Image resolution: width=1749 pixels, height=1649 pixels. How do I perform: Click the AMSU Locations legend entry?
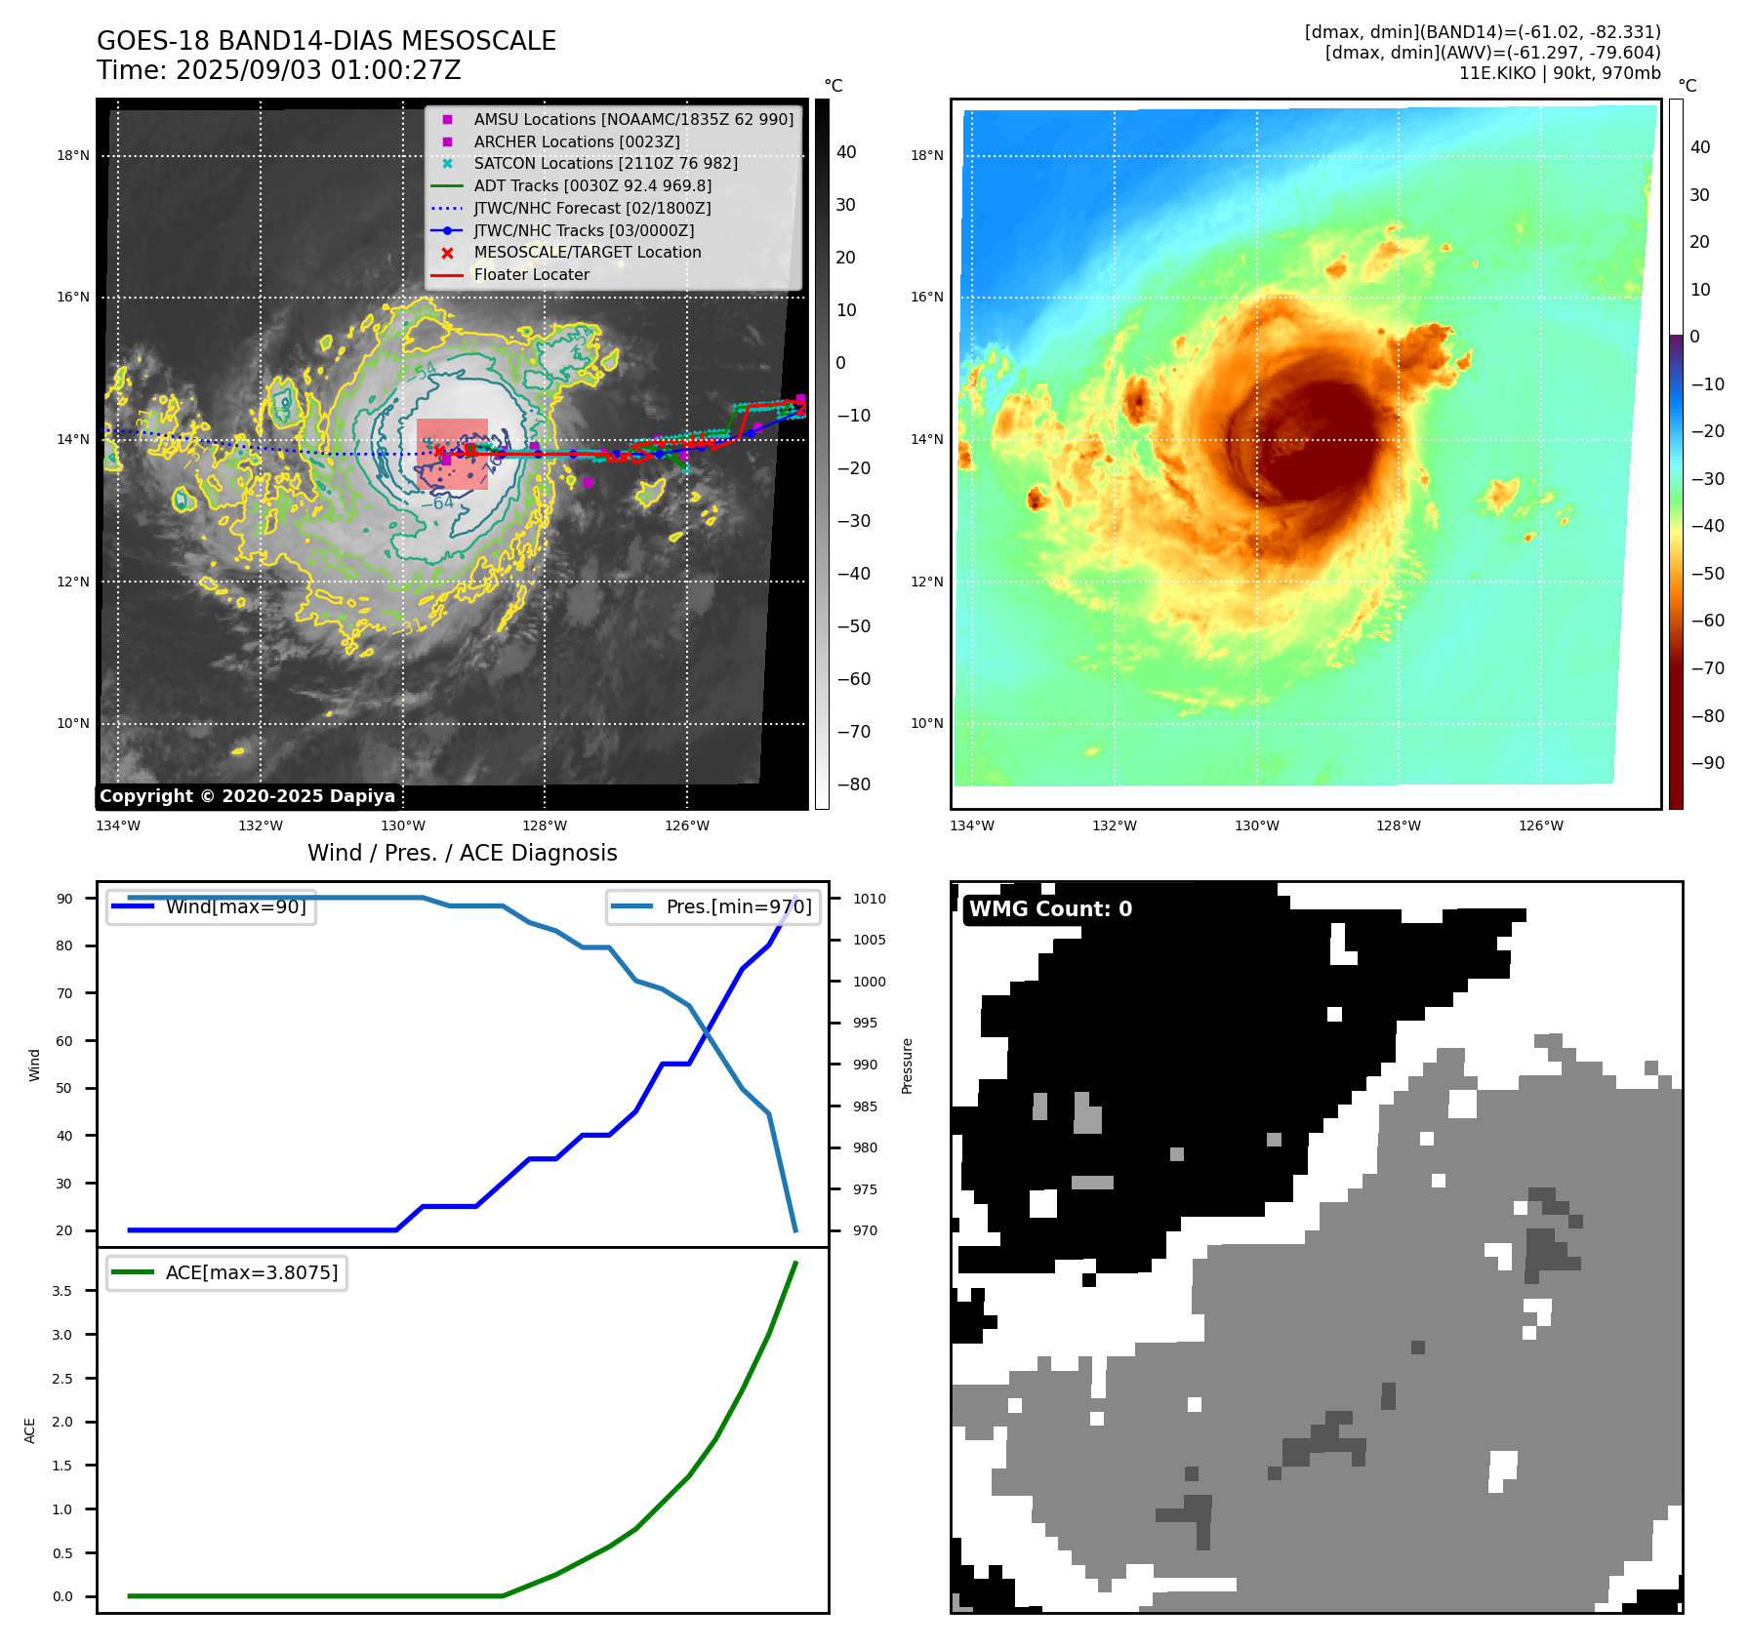[633, 119]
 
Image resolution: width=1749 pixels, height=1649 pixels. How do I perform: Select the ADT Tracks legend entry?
[592, 185]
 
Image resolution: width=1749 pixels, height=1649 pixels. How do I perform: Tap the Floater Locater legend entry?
[531, 274]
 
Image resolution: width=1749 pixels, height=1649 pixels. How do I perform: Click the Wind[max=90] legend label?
[235, 906]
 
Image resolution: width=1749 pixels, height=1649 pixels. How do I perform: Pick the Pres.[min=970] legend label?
[738, 906]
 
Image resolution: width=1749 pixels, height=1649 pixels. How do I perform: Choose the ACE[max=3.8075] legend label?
[252, 1272]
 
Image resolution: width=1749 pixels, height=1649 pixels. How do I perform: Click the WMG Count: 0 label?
[1050, 909]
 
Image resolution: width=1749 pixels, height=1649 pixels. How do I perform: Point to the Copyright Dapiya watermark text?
[247, 796]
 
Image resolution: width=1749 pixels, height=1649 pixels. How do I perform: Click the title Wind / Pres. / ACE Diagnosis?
[462, 853]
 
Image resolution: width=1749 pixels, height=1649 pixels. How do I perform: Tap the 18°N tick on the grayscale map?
[73, 155]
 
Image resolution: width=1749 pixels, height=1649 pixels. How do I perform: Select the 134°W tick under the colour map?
[971, 825]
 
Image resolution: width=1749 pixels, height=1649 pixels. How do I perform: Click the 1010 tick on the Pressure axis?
[869, 899]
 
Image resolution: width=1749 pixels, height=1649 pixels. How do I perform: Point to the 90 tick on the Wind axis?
[64, 899]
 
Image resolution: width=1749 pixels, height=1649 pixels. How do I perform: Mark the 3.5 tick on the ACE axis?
[61, 1291]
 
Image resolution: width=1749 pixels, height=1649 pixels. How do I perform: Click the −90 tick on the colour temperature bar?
[1707, 763]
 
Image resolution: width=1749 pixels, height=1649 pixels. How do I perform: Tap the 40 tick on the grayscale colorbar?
[846, 152]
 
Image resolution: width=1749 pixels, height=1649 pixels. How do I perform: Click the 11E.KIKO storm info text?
[1559, 73]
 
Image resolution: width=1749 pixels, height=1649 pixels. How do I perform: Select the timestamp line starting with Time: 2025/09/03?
[278, 70]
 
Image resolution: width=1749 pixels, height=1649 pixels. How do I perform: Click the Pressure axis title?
[907, 1066]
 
